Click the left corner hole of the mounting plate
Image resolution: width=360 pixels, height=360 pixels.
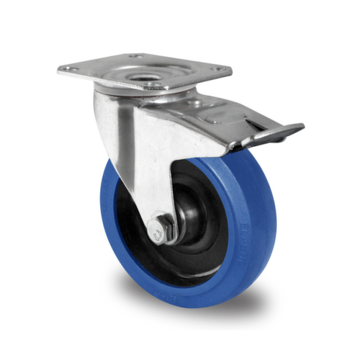click(69, 68)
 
